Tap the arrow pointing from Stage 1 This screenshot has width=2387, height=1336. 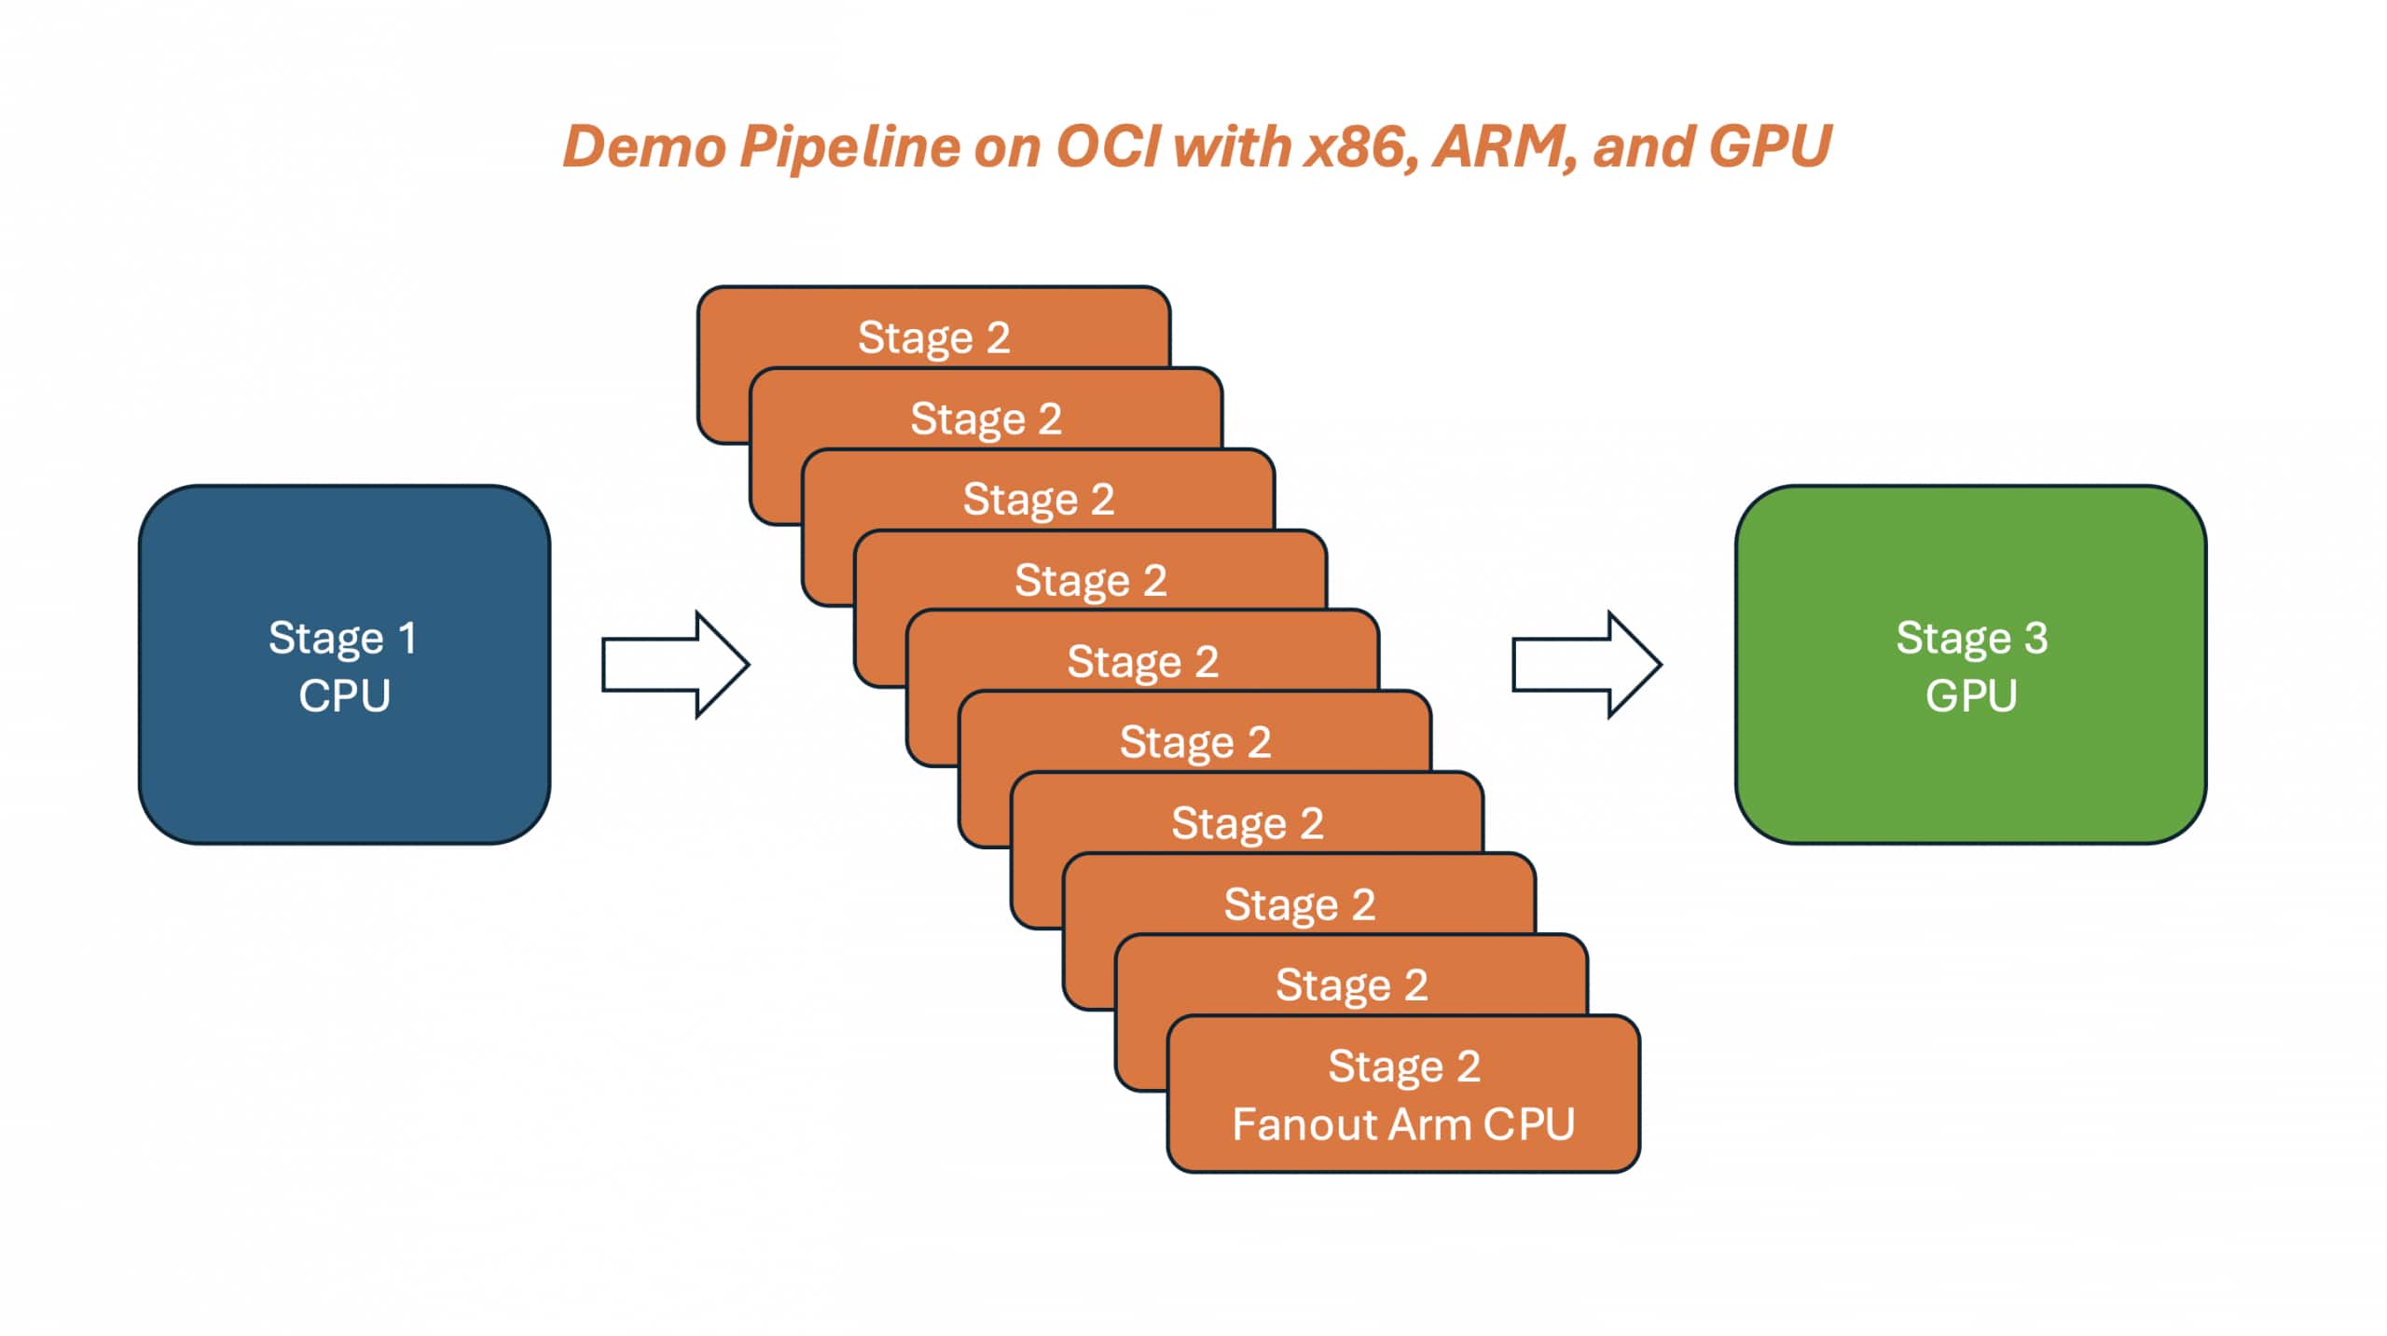pyautogui.click(x=675, y=665)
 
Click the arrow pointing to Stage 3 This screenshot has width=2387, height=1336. pyautogui.click(x=1586, y=665)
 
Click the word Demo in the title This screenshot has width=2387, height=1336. pyautogui.click(x=644, y=147)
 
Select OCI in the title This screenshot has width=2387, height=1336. pyautogui.click(x=1109, y=147)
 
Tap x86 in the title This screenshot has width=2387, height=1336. pyautogui.click(x=1360, y=147)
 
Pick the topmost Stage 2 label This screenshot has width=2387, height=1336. pyautogui.click(x=933, y=337)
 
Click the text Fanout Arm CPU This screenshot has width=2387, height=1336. pyautogui.click(x=1403, y=1124)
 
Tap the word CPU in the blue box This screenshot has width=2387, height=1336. pyautogui.click(x=344, y=696)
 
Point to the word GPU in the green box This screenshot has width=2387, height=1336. pyautogui.click(x=1971, y=696)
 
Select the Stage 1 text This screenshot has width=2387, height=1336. pyautogui.click(x=342, y=639)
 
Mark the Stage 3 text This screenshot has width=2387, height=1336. pyautogui.click(x=1971, y=639)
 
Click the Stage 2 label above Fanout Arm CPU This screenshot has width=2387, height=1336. pyautogui.click(x=1403, y=1066)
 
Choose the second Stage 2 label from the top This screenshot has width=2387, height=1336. pyautogui.click(x=986, y=419)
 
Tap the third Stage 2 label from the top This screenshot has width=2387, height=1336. pyautogui.click(x=1038, y=500)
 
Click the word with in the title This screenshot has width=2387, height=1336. pyautogui.click(x=1231, y=147)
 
